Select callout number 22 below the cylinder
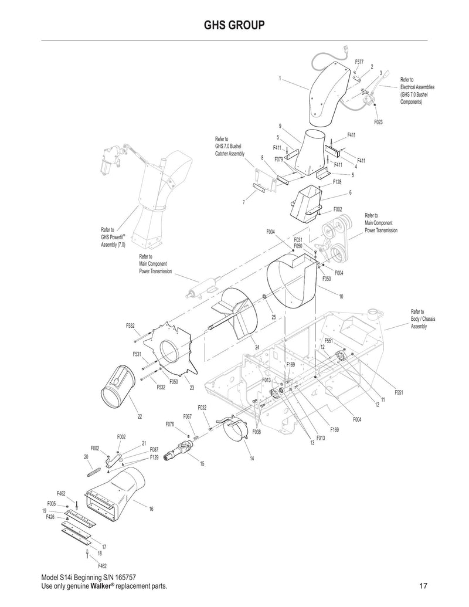click(x=140, y=416)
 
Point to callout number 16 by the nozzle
click(x=151, y=508)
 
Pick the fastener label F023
click(x=378, y=122)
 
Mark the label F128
click(x=337, y=182)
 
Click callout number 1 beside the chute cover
click(x=280, y=78)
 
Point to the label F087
click(x=154, y=449)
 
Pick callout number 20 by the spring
click(x=86, y=456)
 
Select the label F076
click(x=169, y=423)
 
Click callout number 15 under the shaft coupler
click(x=202, y=463)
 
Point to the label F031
click(x=298, y=240)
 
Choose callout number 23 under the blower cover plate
click(x=192, y=387)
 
